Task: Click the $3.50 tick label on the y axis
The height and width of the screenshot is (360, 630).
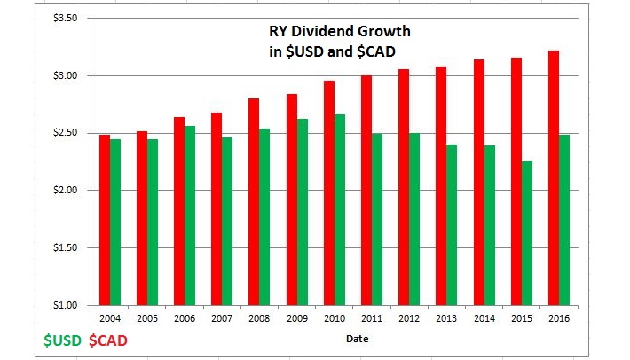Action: (67, 19)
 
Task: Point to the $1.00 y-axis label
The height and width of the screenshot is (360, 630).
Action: (67, 305)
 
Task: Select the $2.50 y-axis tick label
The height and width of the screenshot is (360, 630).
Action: (67, 133)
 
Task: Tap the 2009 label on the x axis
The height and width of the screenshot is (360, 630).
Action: (298, 317)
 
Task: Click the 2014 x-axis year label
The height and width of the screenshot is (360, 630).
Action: (484, 317)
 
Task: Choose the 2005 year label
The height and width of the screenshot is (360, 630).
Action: (147, 317)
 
